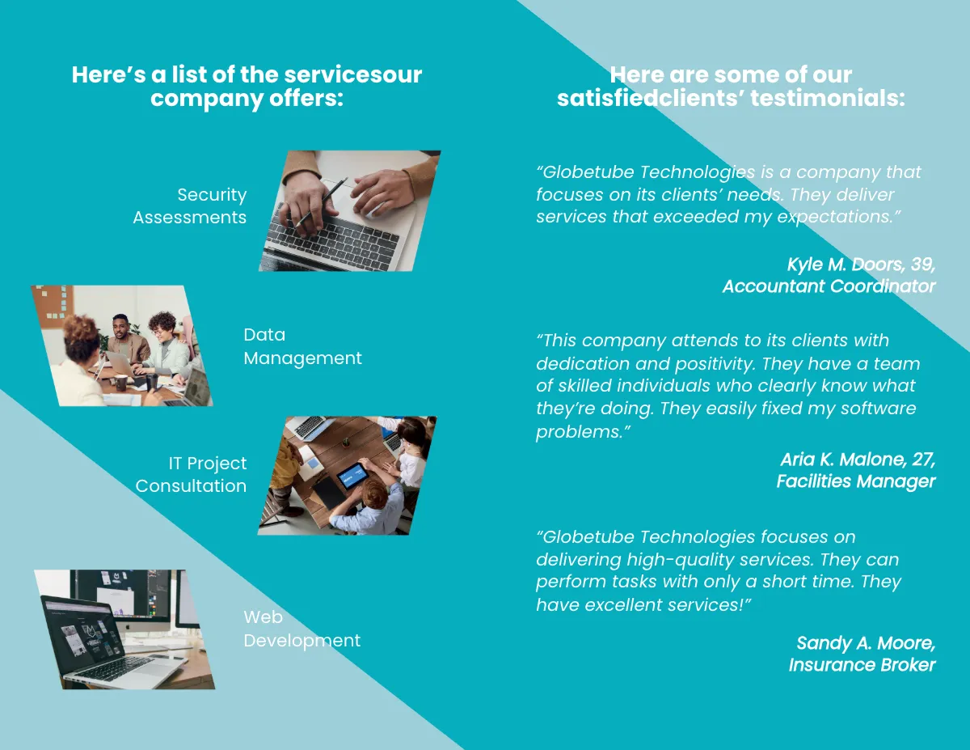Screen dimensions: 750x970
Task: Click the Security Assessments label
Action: [x=190, y=206]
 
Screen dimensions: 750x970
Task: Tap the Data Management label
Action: [x=302, y=346]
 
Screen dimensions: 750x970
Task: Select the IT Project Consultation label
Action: [x=192, y=475]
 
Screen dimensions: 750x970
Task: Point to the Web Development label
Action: [x=302, y=629]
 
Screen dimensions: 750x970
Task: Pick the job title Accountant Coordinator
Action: [x=829, y=286]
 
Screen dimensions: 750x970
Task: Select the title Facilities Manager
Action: [x=855, y=481]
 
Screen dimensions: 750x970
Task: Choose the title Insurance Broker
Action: [x=862, y=665]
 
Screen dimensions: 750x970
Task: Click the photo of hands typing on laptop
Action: [x=349, y=210]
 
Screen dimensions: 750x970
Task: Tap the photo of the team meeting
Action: [x=121, y=345]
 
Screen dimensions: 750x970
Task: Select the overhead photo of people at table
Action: [x=348, y=475]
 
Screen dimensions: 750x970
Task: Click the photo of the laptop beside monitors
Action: [x=125, y=629]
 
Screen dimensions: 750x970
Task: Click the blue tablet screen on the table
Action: [x=352, y=475]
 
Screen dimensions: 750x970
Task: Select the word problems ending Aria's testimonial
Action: [x=578, y=431]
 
